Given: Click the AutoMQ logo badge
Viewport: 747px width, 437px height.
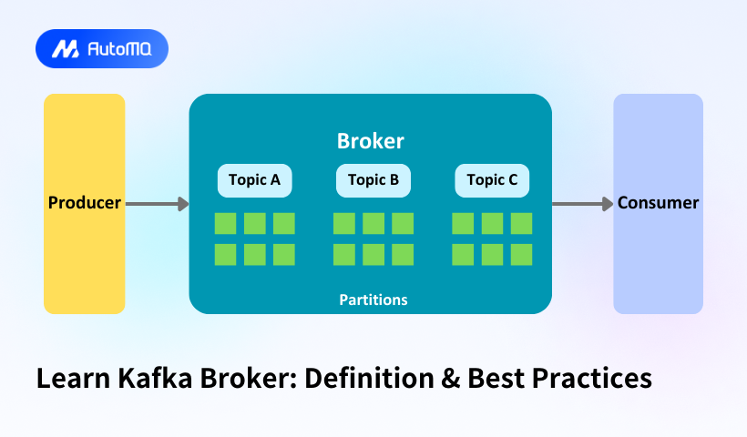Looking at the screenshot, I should [x=102, y=49].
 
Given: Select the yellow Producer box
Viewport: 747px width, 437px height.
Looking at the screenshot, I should [x=84, y=203].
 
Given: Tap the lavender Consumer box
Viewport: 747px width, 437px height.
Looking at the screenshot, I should [x=658, y=203].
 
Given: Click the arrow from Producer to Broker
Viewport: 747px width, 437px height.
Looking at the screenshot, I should [x=157, y=204].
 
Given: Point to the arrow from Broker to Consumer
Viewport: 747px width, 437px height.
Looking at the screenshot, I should [x=583, y=204].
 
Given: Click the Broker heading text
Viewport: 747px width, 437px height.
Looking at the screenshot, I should [x=370, y=141].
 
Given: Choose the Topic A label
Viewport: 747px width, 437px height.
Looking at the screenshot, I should [x=254, y=180].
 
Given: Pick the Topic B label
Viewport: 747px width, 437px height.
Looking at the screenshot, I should [x=373, y=180].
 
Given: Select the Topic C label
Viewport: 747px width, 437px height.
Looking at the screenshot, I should [x=492, y=180].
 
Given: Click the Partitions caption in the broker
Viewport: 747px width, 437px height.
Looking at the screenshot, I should [x=373, y=300].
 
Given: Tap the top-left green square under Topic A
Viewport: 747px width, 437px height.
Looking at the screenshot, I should [x=225, y=224].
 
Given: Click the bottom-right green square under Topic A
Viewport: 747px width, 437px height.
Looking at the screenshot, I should [x=284, y=254].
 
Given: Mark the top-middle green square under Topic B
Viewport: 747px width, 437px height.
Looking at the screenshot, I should [x=373, y=224].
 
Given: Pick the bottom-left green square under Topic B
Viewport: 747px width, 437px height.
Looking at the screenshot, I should [x=344, y=254].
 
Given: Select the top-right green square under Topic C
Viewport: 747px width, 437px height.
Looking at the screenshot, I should [x=521, y=224].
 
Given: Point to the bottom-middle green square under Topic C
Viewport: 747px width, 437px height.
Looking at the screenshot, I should [x=492, y=254].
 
